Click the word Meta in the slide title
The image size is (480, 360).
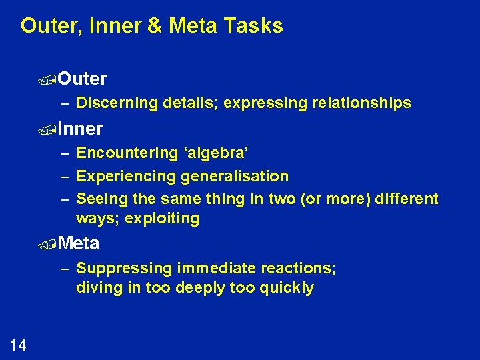193,26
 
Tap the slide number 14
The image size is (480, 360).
18,345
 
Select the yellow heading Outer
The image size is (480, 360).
82,79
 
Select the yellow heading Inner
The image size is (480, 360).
80,128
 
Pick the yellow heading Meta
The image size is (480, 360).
79,243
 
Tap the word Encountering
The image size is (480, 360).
127,153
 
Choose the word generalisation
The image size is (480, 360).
235,177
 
